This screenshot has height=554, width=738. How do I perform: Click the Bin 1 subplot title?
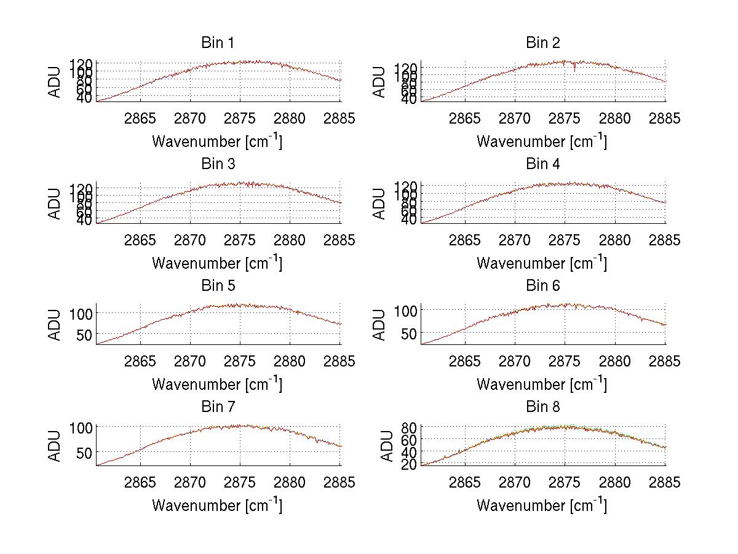coord(217,43)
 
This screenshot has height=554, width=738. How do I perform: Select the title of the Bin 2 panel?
coord(542,43)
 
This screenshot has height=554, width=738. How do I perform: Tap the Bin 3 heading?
coord(217,164)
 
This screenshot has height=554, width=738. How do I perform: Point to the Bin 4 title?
coord(542,164)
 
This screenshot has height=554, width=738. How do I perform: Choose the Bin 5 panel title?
coord(217,286)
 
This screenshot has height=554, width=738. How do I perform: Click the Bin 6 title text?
coord(542,286)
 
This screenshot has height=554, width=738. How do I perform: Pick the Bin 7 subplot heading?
coord(217,407)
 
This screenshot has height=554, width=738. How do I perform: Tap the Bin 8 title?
coord(542,407)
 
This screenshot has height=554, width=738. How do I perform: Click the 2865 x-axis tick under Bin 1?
coord(140,119)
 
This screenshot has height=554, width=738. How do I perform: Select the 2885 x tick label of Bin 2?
coord(665,119)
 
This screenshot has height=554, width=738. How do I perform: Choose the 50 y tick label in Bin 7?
coord(84,452)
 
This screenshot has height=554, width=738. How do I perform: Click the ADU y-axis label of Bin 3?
coord(55,204)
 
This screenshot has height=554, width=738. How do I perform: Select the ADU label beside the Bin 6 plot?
coord(380,325)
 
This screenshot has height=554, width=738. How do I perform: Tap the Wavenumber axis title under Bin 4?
coord(541,263)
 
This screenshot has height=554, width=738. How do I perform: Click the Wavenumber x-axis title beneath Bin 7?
coord(217,505)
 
